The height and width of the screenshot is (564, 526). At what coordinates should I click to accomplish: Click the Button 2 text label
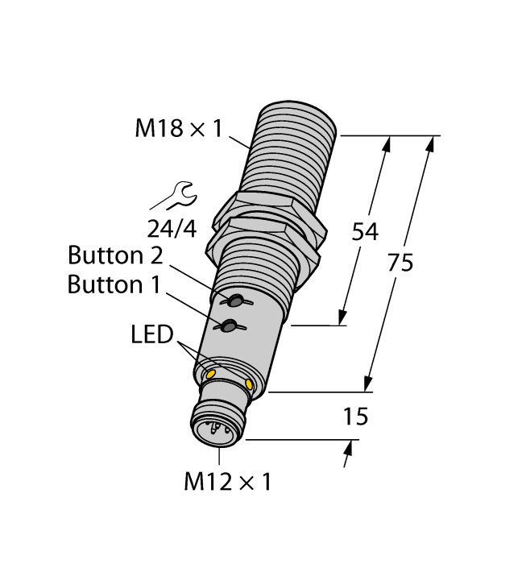tap(115, 256)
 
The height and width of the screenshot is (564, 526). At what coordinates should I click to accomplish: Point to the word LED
tap(152, 334)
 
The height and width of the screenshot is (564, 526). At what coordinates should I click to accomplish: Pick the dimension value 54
tap(365, 231)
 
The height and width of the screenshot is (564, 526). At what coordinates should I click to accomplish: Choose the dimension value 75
tap(400, 263)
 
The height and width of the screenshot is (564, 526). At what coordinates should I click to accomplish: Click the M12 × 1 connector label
tap(228, 483)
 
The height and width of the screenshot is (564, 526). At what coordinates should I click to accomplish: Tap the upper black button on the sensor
tap(236, 301)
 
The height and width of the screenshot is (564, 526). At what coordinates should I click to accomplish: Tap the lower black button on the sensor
tap(229, 326)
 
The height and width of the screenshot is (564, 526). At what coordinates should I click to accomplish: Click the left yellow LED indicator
tap(211, 374)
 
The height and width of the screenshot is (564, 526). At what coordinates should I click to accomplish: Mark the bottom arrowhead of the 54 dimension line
tap(345, 318)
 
